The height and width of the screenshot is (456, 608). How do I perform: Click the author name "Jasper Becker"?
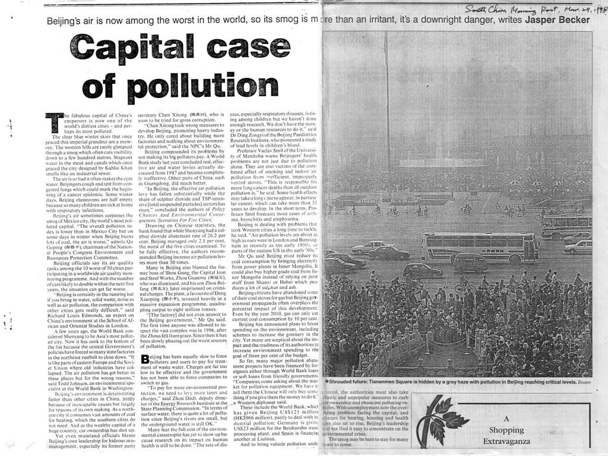(x=558, y=20)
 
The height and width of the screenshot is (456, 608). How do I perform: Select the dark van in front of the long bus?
(x=468, y=262)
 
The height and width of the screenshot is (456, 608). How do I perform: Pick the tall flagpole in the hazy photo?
(x=387, y=119)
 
